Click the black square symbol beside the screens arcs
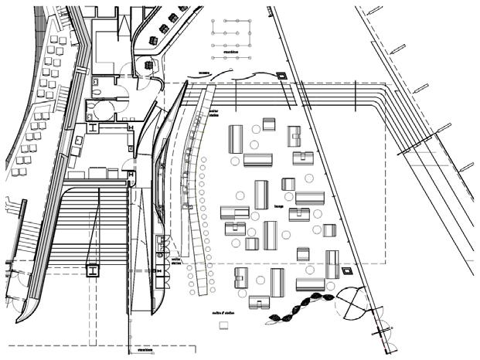[281, 76]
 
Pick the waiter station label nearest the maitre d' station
[176, 261]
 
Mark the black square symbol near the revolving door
[347, 272]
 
